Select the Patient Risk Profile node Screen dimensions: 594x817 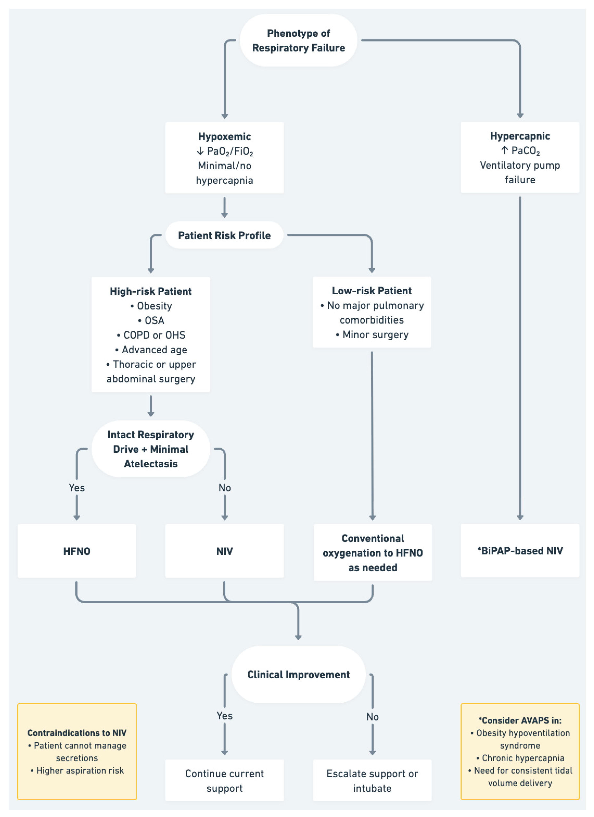coord(224,235)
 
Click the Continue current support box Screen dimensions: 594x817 coord(224,781)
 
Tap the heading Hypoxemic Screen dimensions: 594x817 coord(224,137)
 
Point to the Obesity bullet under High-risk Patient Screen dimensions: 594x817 coord(151,306)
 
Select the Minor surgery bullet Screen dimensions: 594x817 coord(372,335)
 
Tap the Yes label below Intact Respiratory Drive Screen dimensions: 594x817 coord(77,488)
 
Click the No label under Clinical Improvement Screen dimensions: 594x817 coord(372,717)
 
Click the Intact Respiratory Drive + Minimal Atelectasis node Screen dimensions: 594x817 coord(151,449)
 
